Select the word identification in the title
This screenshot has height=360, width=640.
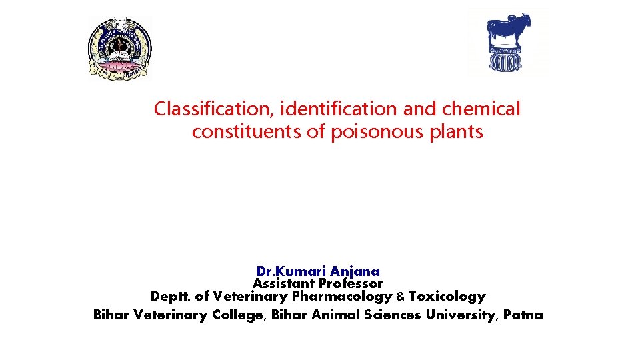click(337, 109)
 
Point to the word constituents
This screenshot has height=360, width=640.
click(247, 132)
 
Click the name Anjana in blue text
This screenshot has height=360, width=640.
click(355, 271)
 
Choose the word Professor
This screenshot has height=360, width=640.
click(351, 283)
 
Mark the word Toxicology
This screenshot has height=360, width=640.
click(447, 296)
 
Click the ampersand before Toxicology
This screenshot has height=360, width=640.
click(401, 297)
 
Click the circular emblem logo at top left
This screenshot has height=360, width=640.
click(121, 49)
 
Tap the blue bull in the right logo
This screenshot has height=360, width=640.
click(509, 30)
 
